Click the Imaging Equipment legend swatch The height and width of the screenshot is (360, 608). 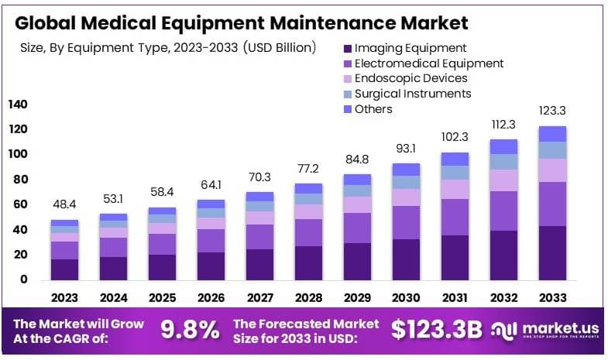346,48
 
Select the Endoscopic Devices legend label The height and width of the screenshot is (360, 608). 410,78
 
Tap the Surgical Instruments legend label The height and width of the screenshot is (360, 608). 412,94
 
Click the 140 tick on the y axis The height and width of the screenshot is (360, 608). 18,105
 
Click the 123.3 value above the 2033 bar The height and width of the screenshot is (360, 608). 552,111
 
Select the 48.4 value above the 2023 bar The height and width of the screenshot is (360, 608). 64,205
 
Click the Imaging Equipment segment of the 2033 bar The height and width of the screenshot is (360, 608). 552,252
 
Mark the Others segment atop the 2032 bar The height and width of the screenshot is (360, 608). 503,146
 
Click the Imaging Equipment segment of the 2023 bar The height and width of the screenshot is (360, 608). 64,269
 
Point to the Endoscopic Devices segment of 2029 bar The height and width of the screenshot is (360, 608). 357,204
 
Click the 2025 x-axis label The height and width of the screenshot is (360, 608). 162,297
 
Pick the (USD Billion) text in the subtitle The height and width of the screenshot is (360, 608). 279,48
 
